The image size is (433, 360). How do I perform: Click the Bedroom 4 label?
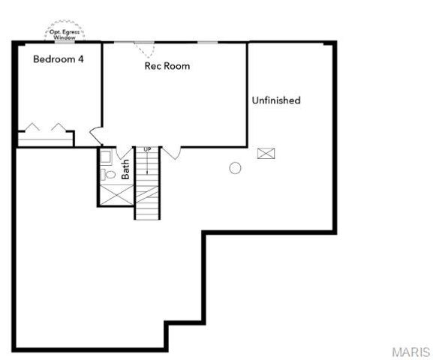(58, 59)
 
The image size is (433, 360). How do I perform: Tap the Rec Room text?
(167, 66)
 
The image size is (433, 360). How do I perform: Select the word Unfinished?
(276, 100)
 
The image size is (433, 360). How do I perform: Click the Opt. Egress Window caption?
(65, 34)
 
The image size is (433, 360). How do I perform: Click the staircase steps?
(148, 191)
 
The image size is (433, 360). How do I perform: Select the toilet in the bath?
(109, 174)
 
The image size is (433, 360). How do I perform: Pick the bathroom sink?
(106, 157)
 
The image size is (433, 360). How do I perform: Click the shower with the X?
(115, 193)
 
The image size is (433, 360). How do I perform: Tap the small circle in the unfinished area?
(235, 168)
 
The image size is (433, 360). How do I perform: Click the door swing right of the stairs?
(171, 153)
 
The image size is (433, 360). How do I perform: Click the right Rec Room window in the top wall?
(208, 41)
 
